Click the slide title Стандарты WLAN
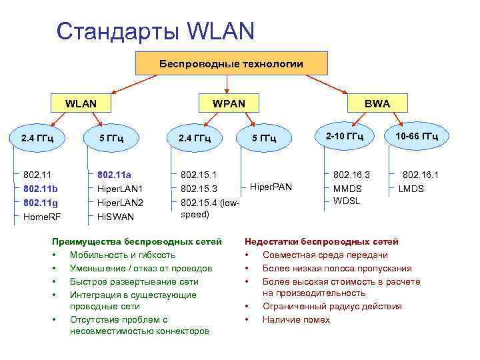coord(155,31)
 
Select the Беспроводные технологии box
coord(231,64)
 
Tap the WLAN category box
coord(81,104)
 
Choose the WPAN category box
coord(228,104)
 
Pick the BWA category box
coord(377,104)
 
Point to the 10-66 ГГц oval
coord(416,137)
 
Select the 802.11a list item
coord(114,175)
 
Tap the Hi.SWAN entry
coord(115,216)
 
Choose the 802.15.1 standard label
coord(199,175)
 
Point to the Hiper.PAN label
coord(271,186)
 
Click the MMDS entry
coord(347,189)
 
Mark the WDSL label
coord(347,201)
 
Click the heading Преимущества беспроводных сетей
coord(137,241)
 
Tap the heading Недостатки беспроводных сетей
coord(322,241)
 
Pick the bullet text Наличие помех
coord(296,319)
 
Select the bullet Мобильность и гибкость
coord(123,255)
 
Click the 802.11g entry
coord(41,202)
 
